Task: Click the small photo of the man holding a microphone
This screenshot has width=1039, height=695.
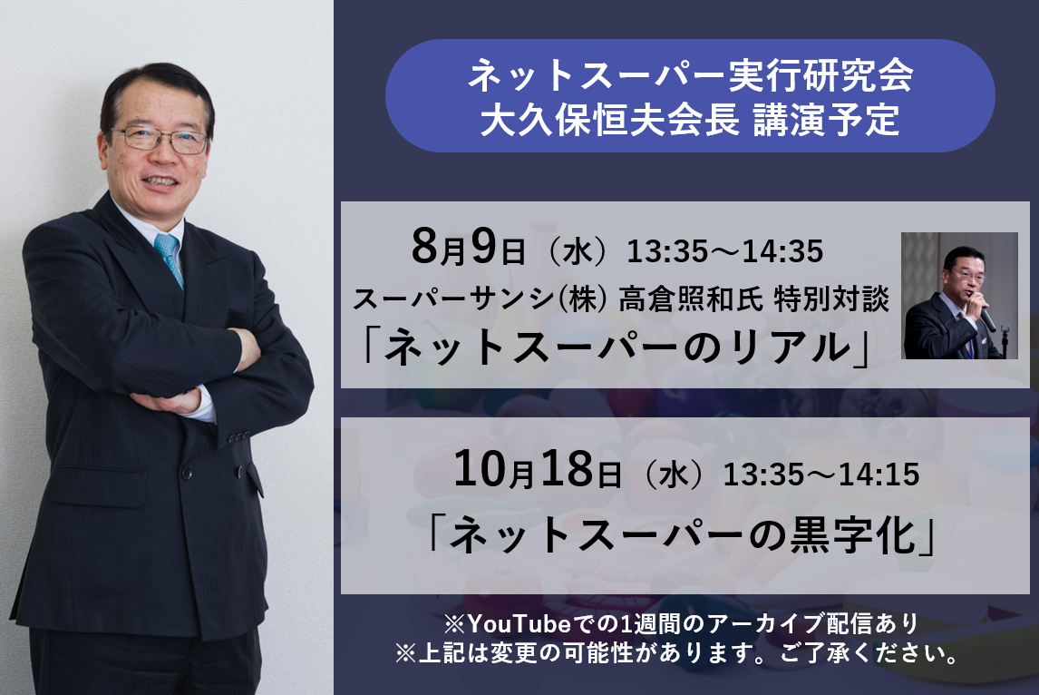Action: tap(959, 296)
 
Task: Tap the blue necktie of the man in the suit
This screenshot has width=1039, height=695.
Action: tap(169, 259)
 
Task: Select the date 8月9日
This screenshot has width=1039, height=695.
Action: tap(469, 248)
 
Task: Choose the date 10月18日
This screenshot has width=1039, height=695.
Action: tap(538, 470)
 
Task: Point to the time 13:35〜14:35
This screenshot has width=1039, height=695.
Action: tap(725, 251)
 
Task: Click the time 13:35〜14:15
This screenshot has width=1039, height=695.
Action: tap(821, 475)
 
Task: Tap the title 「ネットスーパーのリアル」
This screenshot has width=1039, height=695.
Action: tap(616, 347)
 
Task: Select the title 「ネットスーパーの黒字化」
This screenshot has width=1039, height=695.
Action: tap(682, 535)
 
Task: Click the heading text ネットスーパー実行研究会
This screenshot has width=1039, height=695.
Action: tap(690, 75)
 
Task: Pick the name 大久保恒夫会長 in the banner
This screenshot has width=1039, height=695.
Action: tap(609, 120)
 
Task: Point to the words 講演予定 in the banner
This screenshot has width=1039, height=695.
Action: tap(826, 120)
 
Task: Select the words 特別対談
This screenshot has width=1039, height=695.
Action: tap(831, 299)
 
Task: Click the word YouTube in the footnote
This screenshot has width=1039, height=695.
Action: tap(519, 624)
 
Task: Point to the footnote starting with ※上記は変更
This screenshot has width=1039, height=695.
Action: tap(677, 654)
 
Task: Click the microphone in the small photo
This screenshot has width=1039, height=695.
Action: tap(986, 318)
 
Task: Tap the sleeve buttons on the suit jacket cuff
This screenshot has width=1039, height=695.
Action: tap(238, 437)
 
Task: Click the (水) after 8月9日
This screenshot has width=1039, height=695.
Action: tap(576, 252)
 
